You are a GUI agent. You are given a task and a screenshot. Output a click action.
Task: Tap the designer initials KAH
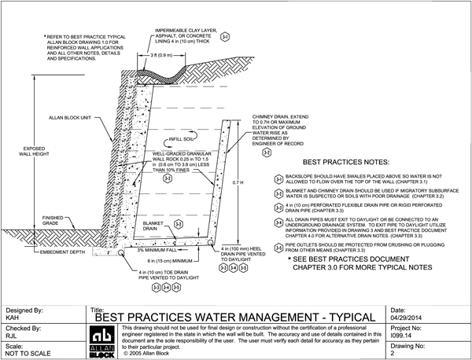pos(13,318)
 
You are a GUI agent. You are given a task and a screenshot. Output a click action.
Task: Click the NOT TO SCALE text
pos(24,351)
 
